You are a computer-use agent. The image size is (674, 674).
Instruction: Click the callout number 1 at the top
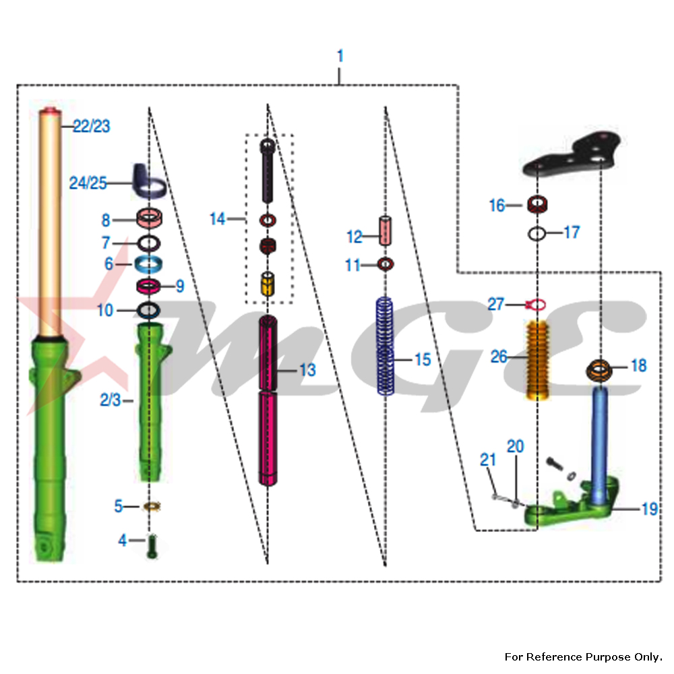point(340,56)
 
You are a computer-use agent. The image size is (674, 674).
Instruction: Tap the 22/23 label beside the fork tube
point(92,126)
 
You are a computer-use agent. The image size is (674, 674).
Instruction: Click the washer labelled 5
point(152,506)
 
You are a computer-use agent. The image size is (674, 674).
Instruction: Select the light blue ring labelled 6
point(150,264)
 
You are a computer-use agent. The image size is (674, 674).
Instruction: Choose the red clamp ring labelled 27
point(535,305)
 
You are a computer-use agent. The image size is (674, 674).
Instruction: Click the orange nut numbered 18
point(599,369)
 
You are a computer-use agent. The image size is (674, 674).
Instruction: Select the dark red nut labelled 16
point(537,203)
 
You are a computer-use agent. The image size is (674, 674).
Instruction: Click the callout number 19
point(649,509)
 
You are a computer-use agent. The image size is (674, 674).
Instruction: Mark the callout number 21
point(488,460)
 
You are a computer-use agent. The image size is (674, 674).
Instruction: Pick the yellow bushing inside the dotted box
point(268,283)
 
